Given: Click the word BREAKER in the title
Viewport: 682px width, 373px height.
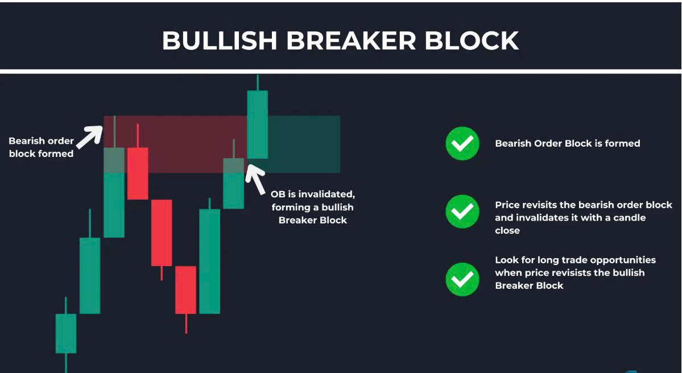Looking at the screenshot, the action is point(351,40).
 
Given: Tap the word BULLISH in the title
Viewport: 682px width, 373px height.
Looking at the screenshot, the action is point(220,40).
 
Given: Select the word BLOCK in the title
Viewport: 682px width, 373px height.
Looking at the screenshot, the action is point(472,40).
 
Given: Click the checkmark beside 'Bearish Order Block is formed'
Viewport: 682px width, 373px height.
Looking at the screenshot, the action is point(462,143).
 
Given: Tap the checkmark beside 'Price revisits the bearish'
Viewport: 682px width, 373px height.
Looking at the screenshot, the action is point(462,212).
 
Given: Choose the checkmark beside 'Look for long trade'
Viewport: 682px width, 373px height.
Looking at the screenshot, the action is point(462,280).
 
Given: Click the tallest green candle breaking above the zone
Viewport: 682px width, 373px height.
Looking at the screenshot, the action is point(258,125).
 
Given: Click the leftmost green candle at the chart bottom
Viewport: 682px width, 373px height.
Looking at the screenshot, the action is point(65,333).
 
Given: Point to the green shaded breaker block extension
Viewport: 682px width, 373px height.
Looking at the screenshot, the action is point(304,144).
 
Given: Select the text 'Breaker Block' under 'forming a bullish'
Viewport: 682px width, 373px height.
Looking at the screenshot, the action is point(313,221).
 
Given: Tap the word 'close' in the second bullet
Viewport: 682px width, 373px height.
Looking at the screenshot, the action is point(507,230).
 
